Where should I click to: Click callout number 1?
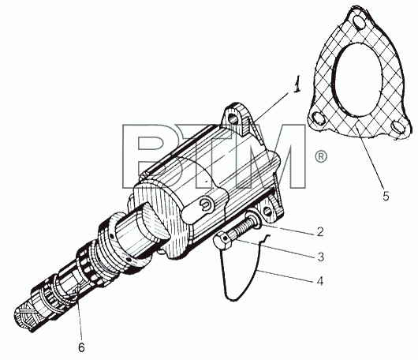click(297, 84)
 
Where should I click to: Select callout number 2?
click(320, 231)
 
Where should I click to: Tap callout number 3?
click(321, 257)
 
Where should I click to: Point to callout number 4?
click(320, 281)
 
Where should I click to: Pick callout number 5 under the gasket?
click(386, 196)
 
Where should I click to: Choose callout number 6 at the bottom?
click(81, 347)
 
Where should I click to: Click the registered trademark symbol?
click(321, 156)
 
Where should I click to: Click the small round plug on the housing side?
click(205, 204)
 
